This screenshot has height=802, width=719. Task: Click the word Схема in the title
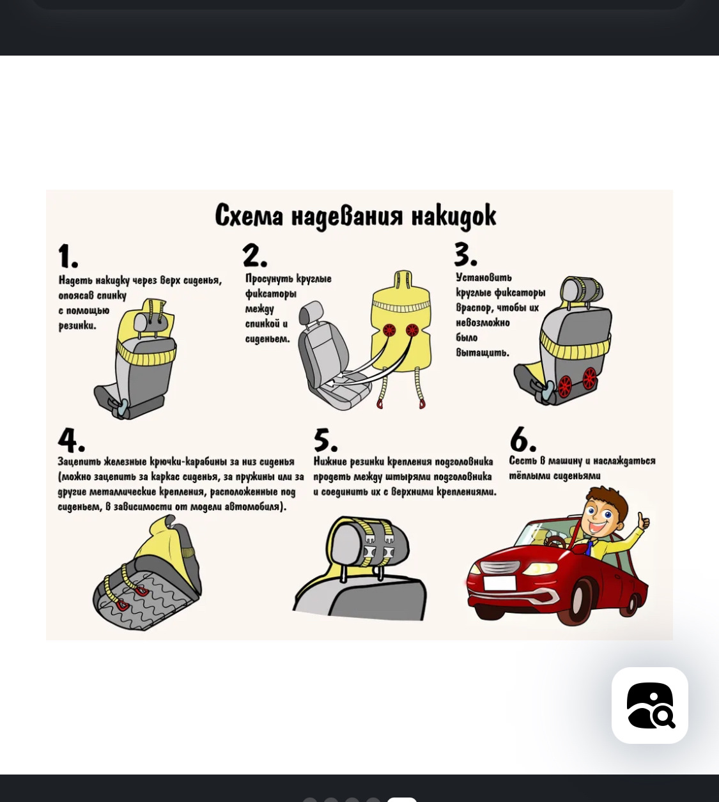pos(249,216)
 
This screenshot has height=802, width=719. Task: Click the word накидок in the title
pos(454,216)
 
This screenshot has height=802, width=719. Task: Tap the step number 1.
pos(68,256)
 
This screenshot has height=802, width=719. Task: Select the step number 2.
pos(255,255)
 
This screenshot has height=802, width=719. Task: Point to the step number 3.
pos(466,254)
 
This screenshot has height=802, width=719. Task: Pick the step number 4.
pos(71,440)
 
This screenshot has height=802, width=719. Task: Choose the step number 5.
pos(325,440)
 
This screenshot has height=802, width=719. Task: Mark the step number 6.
pos(523,439)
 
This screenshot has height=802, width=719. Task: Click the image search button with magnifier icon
pos(650,706)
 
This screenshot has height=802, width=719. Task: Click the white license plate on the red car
pos(500,583)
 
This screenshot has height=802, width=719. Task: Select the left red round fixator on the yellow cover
pos(389,330)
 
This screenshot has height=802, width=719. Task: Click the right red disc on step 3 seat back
pos(589,378)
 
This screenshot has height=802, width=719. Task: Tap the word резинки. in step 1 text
pos(77,326)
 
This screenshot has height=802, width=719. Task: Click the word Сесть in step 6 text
pos(521,461)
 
